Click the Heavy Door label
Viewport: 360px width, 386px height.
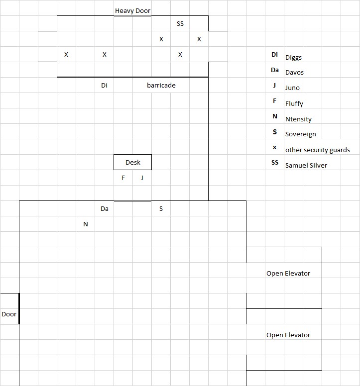132,10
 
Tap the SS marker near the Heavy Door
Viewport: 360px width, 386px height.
180,23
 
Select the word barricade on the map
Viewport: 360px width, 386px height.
161,85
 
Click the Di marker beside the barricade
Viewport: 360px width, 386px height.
104,85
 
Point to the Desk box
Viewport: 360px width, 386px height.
132,162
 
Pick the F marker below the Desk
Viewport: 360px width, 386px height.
123,178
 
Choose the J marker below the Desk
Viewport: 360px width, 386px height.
142,178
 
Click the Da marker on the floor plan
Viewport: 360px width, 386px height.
104,208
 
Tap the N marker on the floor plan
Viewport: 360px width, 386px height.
86,224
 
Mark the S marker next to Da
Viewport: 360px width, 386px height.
161,208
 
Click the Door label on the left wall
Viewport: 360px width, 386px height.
9,314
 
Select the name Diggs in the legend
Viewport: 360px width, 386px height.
294,57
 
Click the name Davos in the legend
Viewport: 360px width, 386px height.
294,72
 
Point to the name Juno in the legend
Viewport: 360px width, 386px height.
292,88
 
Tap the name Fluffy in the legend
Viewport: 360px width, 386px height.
294,103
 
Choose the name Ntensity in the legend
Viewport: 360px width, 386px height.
298,119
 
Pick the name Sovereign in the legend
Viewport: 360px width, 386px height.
300,134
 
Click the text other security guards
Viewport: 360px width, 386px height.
317,150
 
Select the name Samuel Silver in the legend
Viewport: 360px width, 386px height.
306,165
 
